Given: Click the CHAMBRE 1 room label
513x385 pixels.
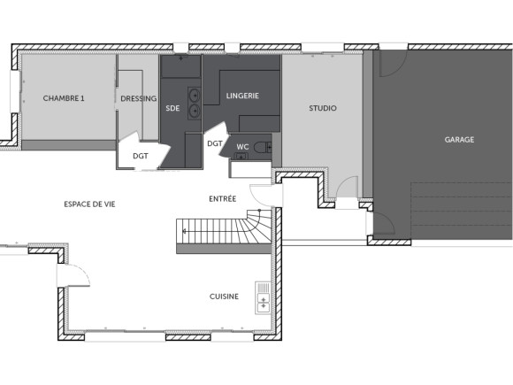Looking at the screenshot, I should coord(64,98).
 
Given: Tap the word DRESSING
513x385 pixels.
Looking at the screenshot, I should coord(138,98).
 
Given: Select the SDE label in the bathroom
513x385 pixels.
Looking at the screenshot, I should coord(172,108).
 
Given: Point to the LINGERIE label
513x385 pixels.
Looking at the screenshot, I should coord(242,96).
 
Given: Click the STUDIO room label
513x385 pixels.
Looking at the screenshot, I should coord(322,108).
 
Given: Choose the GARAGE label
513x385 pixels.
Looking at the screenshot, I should coord(459,140).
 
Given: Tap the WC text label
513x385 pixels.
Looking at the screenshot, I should coord(241,147).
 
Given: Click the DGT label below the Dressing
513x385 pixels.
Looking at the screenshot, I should coord(140,156).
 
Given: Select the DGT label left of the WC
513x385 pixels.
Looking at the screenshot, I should coord(214,143).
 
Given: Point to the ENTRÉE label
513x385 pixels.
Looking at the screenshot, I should coord(221,199).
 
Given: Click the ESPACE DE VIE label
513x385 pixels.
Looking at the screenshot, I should coord(89,204).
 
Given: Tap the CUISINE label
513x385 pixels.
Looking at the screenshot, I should coord(224,296).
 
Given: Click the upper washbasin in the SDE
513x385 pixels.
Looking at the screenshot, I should coord(194,94).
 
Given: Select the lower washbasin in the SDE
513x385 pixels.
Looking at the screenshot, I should coord(194,112).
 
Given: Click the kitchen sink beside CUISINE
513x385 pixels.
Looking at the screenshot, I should coord(263,297).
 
